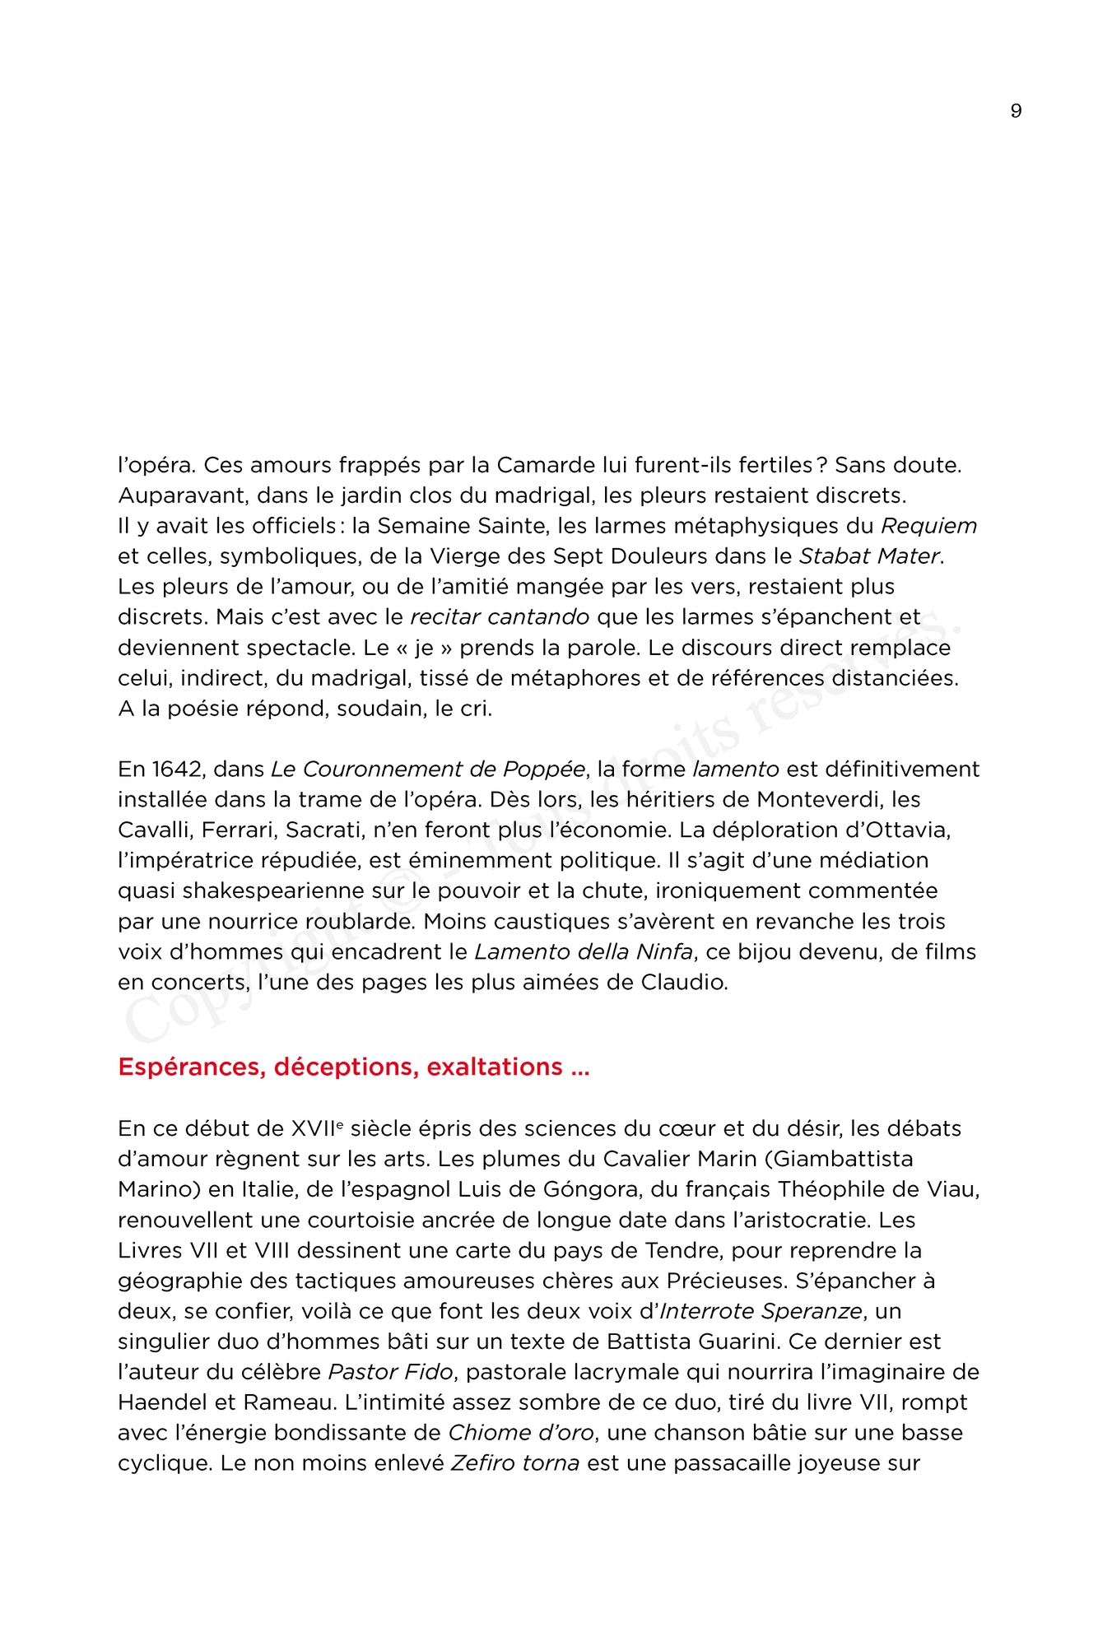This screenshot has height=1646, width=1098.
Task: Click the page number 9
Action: [x=1016, y=111]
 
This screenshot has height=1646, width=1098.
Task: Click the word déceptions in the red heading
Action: [x=346, y=1067]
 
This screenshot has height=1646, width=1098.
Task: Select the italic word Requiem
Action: [x=929, y=526]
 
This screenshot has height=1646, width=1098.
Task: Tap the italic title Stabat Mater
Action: [x=869, y=556]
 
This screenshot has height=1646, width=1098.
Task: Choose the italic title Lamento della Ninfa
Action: [x=584, y=951]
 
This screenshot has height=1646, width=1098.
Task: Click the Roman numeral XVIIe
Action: [x=317, y=1128]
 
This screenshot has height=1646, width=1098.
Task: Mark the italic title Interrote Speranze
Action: [x=761, y=1311]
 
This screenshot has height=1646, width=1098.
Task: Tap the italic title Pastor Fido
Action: [x=390, y=1372]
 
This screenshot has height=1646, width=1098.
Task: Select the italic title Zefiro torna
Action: [x=515, y=1463]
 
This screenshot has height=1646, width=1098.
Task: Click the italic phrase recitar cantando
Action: [x=500, y=616]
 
